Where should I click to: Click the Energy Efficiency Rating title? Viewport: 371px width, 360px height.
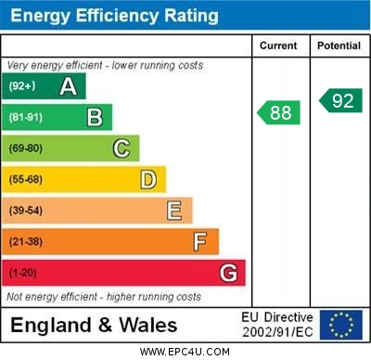pyautogui.click(x=114, y=16)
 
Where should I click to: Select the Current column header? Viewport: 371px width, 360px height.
pyautogui.click(x=278, y=45)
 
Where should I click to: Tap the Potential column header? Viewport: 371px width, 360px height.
pyautogui.click(x=339, y=45)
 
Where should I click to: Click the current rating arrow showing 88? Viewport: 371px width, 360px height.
pyautogui.click(x=279, y=112)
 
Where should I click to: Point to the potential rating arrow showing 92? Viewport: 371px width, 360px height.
pyautogui.click(x=340, y=100)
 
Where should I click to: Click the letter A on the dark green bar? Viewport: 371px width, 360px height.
pyautogui.click(x=68, y=86)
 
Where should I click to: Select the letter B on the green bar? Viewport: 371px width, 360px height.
pyautogui.click(x=94, y=117)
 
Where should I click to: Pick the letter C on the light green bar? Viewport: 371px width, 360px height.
pyautogui.click(x=121, y=148)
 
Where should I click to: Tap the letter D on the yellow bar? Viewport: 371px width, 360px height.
pyautogui.click(x=147, y=179)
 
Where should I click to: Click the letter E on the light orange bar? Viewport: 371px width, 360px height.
pyautogui.click(x=173, y=211)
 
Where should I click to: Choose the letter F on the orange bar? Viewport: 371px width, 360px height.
pyautogui.click(x=199, y=241)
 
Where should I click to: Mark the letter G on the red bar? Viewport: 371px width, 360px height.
pyautogui.click(x=227, y=273)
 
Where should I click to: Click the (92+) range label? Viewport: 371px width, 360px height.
pyautogui.click(x=22, y=86)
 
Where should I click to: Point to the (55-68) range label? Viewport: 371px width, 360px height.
pyautogui.click(x=26, y=179)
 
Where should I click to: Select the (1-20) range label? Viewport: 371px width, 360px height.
pyautogui.click(x=23, y=273)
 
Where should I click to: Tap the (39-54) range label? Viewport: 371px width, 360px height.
pyautogui.click(x=26, y=211)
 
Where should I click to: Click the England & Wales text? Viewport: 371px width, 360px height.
pyautogui.click(x=94, y=325)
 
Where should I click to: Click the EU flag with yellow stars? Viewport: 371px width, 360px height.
pyautogui.click(x=340, y=325)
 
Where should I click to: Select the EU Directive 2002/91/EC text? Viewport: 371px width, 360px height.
pyautogui.click(x=277, y=325)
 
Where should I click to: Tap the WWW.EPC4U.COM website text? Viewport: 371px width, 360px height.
pyautogui.click(x=185, y=352)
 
